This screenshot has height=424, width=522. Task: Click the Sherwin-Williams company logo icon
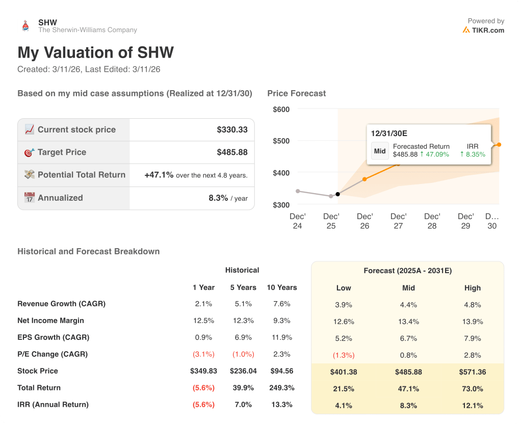[25, 26]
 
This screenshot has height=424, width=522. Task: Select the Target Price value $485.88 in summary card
[232, 152]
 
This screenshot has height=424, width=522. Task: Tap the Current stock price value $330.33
[232, 130]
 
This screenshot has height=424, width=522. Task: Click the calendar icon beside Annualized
[30, 198]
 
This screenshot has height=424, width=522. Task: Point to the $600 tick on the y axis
[281, 110]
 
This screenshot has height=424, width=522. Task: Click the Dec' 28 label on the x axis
[432, 221]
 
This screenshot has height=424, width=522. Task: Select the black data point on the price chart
[337, 194]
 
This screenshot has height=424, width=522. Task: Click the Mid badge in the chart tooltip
[380, 151]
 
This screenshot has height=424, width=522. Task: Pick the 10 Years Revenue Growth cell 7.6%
[281, 304]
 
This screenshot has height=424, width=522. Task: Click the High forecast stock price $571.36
[472, 372]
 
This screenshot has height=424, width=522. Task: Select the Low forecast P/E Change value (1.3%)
[344, 355]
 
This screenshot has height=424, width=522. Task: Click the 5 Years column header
[243, 287]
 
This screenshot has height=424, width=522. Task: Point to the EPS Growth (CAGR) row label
[53, 337]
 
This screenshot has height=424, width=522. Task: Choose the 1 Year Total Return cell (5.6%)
[203, 388]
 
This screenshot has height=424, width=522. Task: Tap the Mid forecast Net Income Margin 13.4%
[408, 322]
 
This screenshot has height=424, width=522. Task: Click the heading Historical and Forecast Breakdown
[88, 251]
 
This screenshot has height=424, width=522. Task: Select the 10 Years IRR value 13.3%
[281, 405]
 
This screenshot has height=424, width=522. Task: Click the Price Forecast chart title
[296, 93]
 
